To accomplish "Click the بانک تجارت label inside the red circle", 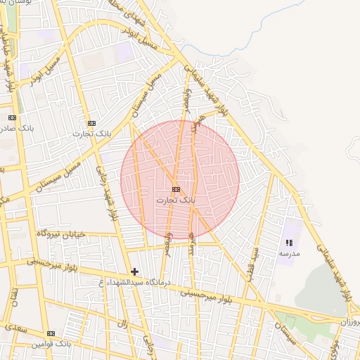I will pos(175,200).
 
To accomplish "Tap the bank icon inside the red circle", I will pos(176,189).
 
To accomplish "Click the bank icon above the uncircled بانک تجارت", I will pos(91,122).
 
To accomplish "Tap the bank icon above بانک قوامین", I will pos(51,333).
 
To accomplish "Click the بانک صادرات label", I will pos(17,128).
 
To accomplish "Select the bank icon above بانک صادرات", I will pos(12,117).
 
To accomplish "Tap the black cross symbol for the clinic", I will pos(135,271).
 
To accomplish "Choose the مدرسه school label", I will pos(289,252).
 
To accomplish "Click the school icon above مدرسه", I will pos(290,243).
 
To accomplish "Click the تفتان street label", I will pos(14,304).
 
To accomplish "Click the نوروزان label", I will pos(349,321).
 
